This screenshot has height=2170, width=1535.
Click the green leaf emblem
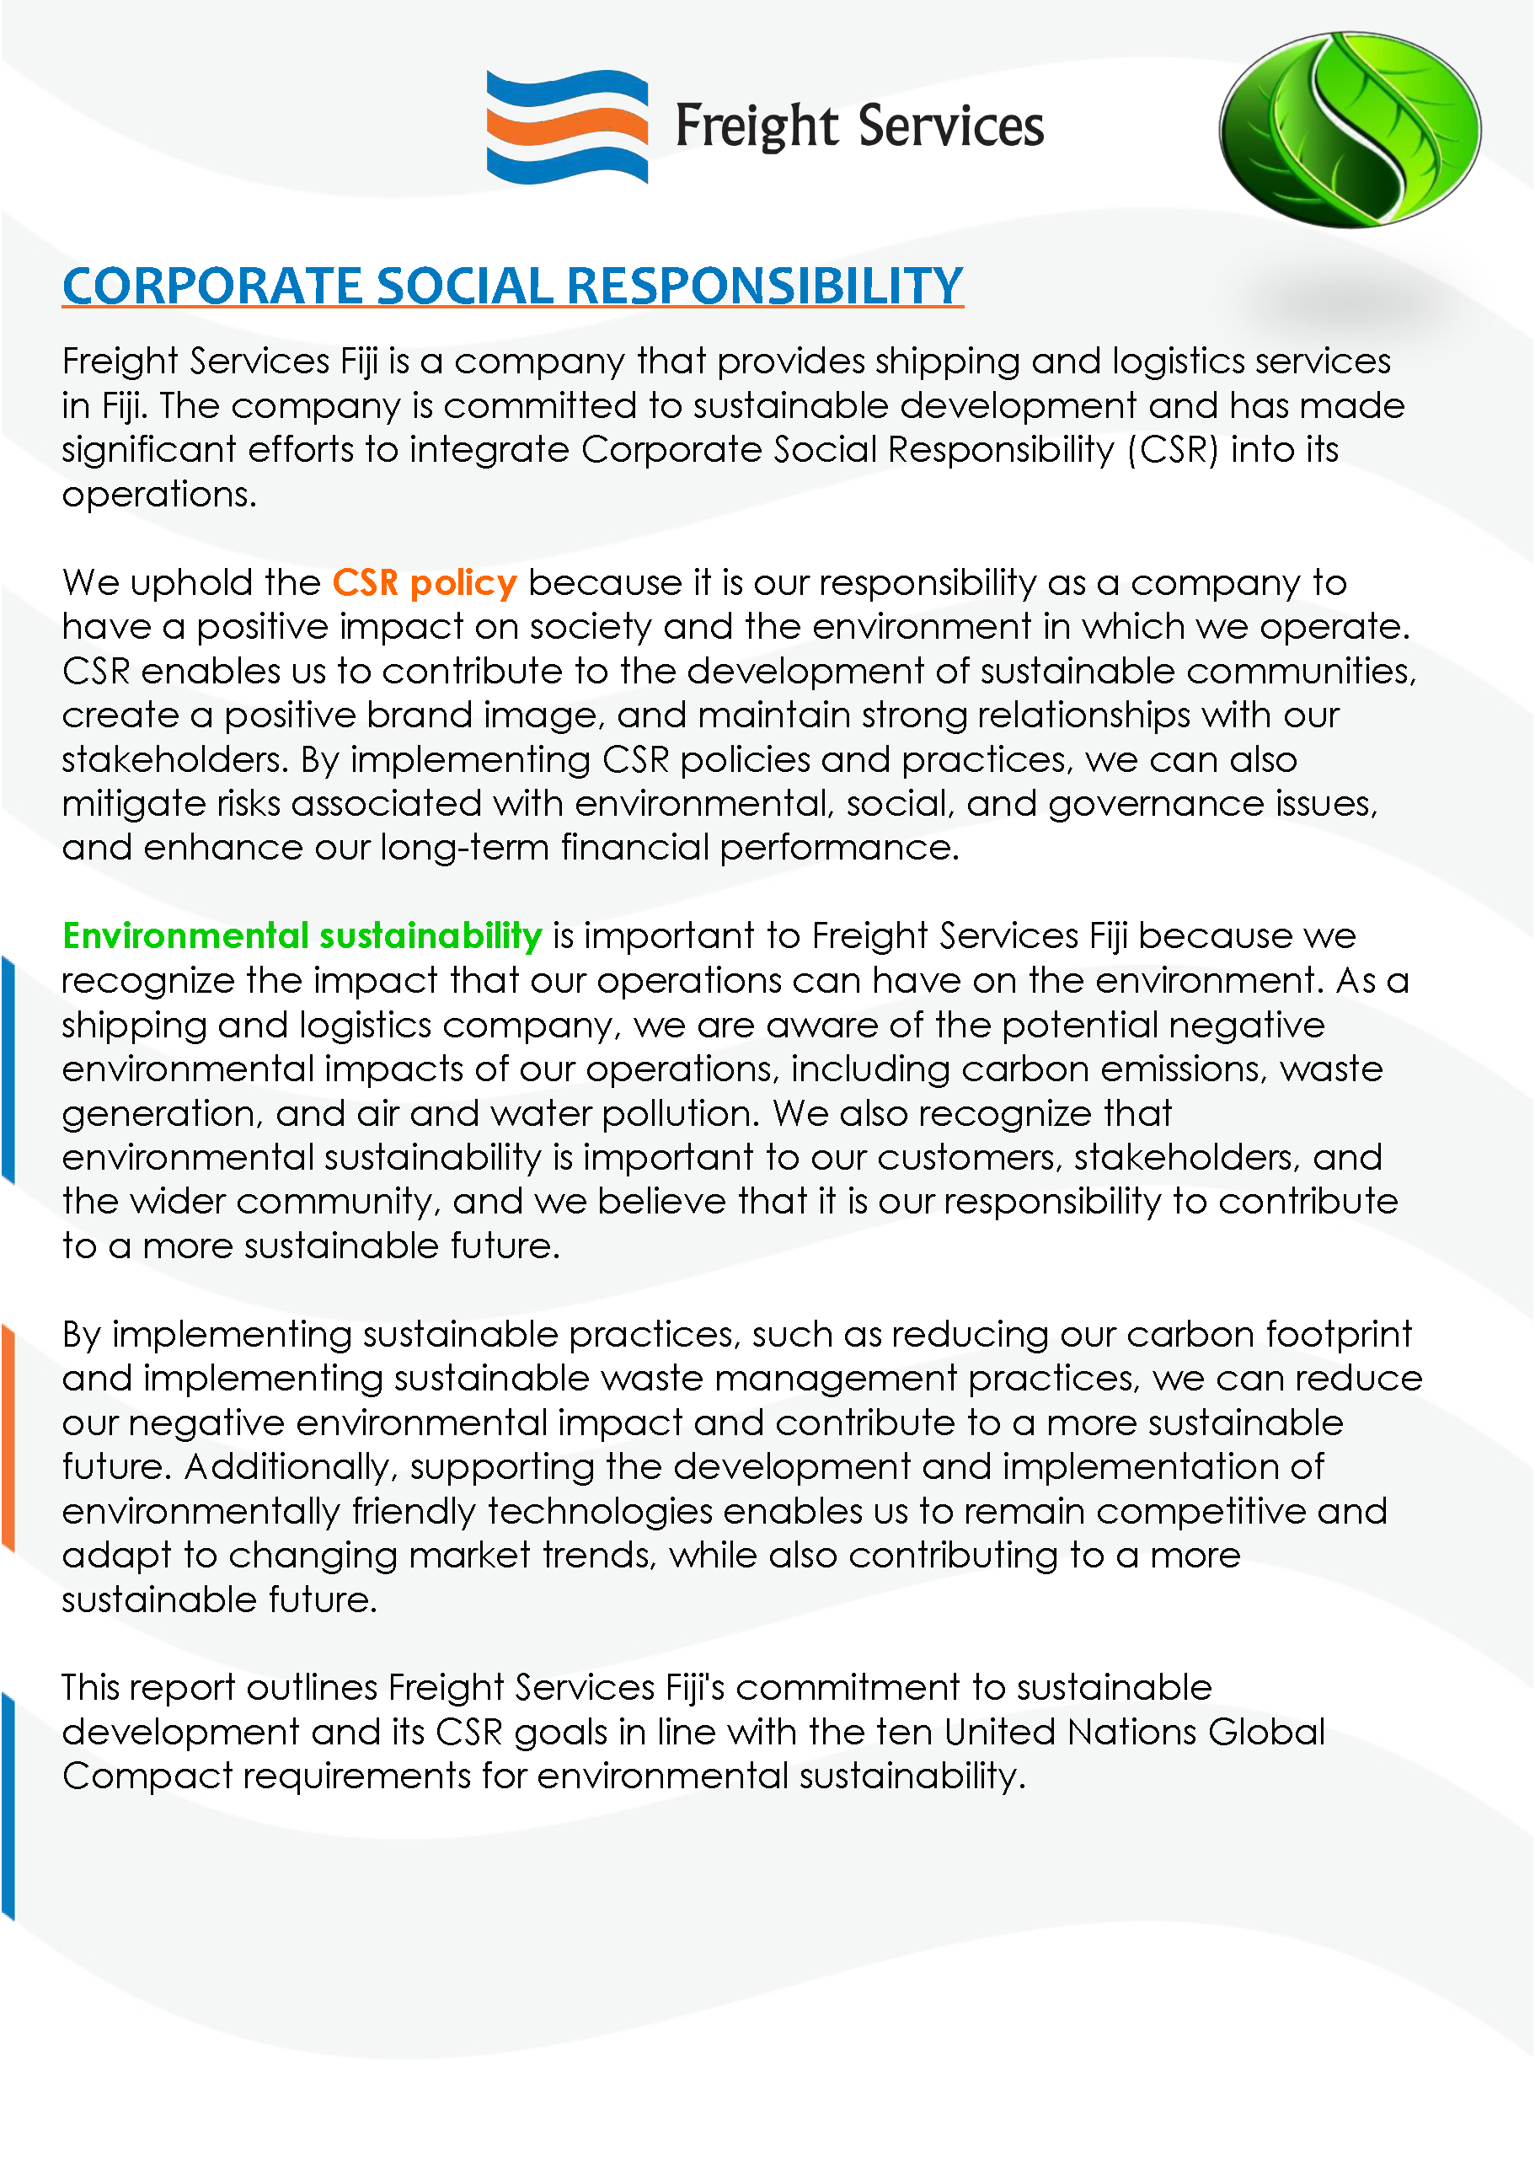click(x=1349, y=130)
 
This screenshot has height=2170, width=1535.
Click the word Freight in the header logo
click(x=757, y=126)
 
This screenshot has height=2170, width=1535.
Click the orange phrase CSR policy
click(x=425, y=582)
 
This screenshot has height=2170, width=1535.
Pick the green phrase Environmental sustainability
click(x=302, y=935)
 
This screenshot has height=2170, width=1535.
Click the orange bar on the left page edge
click(x=8, y=1437)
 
